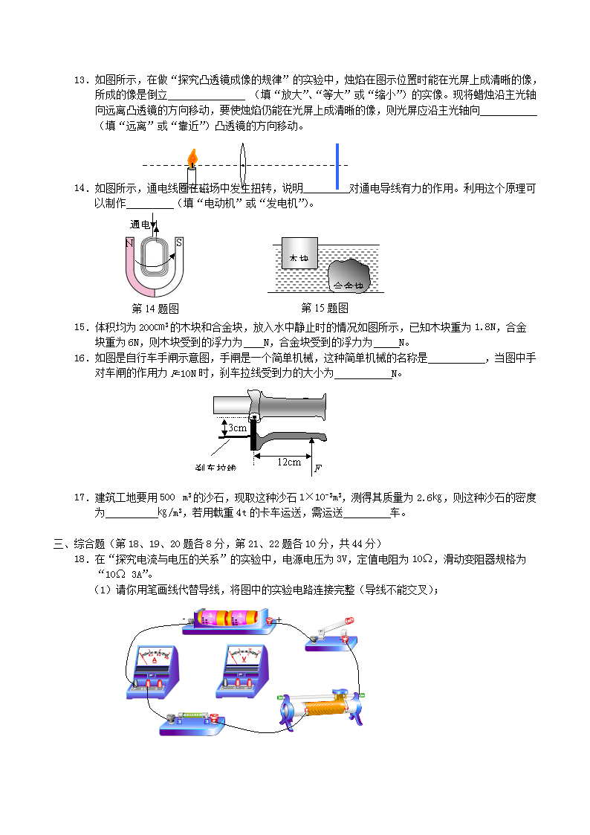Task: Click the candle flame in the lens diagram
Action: (192, 157)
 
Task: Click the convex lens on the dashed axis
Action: (241, 164)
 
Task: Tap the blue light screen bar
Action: (337, 166)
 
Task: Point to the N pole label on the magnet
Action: (129, 243)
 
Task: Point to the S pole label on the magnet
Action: (179, 242)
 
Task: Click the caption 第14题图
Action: (155, 309)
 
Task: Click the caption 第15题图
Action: (325, 308)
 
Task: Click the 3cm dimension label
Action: (237, 428)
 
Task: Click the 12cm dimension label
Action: (289, 462)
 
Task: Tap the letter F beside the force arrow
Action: (318, 468)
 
